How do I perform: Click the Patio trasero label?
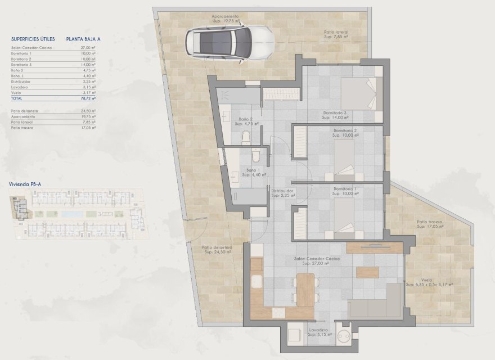[430, 224]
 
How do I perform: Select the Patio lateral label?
[336, 35]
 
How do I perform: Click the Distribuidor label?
[283, 193]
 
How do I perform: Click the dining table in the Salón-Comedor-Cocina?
[305, 288]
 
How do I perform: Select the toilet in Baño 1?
[256, 155]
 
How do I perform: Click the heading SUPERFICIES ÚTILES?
[33, 39]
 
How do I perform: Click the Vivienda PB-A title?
[25, 184]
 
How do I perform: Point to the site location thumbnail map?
[79, 213]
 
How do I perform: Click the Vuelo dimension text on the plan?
[437, 284]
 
